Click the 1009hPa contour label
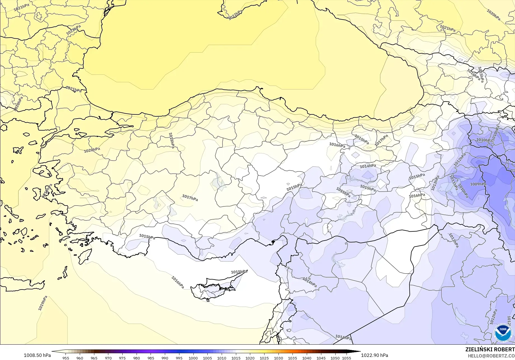point(478,184)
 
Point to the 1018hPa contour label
point(172,140)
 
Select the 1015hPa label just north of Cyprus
point(239,272)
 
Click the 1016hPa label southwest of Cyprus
point(178,282)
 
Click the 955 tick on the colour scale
point(66,358)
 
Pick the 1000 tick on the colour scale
point(193,358)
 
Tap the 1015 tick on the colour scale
point(236,358)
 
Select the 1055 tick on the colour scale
point(347,358)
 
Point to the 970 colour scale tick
point(108,358)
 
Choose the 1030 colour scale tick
point(278,358)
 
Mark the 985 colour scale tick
point(151,358)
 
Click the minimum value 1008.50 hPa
point(37,355)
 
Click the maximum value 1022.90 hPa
point(374,355)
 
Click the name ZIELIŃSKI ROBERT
point(490,349)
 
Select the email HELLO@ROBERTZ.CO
point(491,355)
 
